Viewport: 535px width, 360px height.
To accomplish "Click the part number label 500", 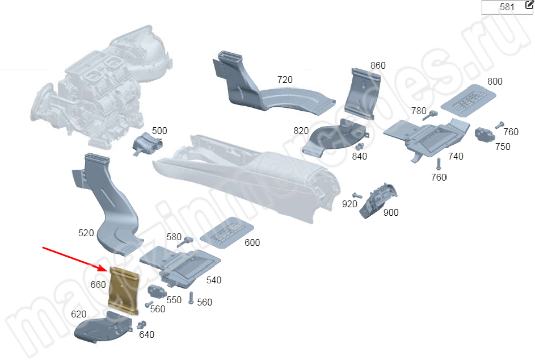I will pos(159,131).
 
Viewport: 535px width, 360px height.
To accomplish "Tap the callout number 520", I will pos(86,233).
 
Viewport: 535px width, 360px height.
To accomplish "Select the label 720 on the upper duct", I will pos(285,79).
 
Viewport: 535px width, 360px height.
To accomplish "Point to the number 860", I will pos(377,65).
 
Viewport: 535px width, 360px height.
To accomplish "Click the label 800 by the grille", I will pos(495,81).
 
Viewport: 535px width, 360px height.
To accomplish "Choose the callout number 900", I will pos(391,212).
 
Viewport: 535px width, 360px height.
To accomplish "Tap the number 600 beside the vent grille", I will pos(252,242).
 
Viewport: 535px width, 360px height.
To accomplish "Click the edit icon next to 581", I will pos(529,5).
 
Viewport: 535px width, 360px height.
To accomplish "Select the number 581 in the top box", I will pos(507,7).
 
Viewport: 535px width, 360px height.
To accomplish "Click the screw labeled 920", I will pos(357,196).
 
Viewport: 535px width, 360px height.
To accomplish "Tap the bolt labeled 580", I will pos(184,243).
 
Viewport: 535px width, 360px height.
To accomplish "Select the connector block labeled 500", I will pos(145,145).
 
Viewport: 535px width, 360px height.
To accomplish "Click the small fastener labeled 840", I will pos(359,146).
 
